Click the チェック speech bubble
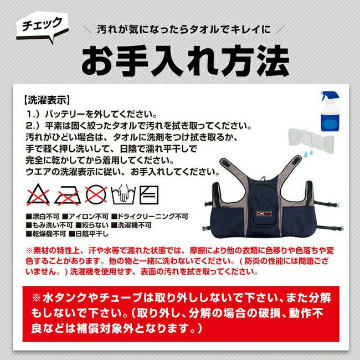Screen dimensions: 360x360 43,27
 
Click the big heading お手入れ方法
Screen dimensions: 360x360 186,60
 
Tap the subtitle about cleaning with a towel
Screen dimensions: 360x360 184,29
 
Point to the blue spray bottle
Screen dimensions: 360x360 330,111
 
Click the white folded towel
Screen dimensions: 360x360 311,138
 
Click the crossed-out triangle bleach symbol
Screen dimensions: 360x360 38,195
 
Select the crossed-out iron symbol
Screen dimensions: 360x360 68,195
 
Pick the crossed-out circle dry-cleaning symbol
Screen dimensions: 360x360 96,195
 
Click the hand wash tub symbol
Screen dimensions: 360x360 124,195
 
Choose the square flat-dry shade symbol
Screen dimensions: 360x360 149,195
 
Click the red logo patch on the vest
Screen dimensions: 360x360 264,214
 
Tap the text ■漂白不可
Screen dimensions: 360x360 43,217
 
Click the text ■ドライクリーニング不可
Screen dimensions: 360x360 150,217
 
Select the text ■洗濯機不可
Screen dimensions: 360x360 131,225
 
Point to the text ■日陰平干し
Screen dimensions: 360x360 89,234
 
